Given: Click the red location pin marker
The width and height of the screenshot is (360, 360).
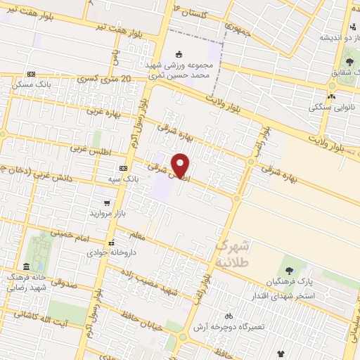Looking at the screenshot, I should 181,165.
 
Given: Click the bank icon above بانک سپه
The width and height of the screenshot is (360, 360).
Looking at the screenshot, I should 124,169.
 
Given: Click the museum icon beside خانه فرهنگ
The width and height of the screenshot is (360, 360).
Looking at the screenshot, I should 26,266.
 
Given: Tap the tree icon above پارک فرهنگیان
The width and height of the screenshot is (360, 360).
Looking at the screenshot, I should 289,271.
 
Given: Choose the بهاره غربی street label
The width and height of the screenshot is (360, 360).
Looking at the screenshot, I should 104,111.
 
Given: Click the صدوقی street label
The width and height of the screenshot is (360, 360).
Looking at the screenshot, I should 63,285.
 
